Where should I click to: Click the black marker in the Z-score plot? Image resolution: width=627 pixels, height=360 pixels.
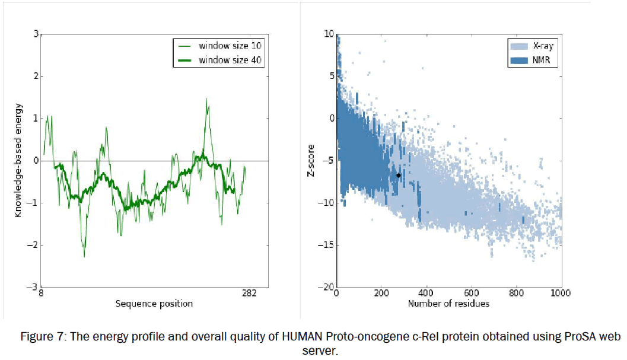(x=399, y=175)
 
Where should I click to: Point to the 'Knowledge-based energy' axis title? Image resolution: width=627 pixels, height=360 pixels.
(x=18, y=160)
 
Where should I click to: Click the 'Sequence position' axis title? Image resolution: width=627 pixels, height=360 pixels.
(x=154, y=304)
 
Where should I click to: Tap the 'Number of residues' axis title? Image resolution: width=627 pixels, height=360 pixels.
(x=448, y=304)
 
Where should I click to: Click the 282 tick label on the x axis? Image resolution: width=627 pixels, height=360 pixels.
(x=249, y=293)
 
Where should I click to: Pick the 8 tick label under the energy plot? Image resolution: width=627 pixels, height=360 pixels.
(x=40, y=293)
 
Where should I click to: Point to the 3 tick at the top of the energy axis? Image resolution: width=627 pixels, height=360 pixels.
(x=36, y=34)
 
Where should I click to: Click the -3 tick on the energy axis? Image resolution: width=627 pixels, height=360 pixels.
(x=33, y=287)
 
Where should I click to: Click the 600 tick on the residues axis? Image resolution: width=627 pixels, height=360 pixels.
(x=471, y=293)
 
